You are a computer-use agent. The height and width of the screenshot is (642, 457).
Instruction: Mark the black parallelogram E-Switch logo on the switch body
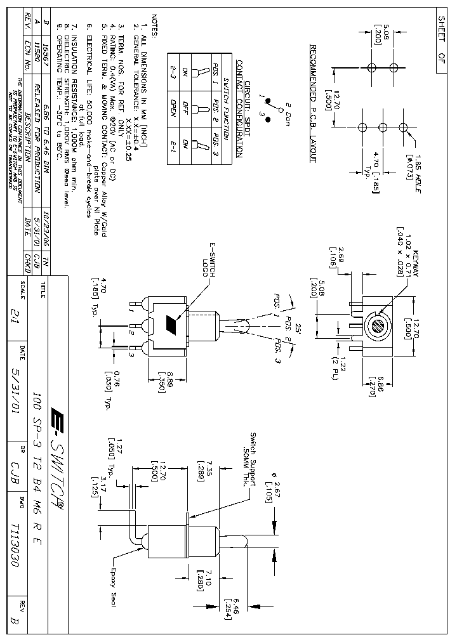(x=171, y=325)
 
